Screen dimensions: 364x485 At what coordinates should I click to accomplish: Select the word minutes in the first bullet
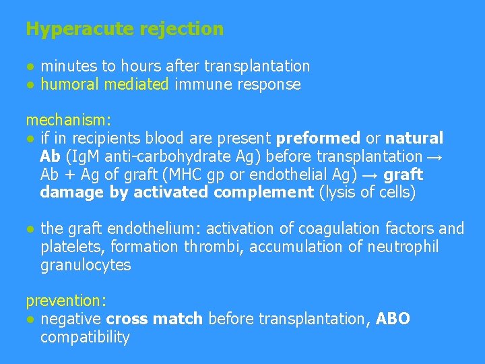pyautogui.click(x=69, y=66)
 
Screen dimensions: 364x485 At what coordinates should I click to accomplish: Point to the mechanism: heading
pyautogui.click(x=68, y=120)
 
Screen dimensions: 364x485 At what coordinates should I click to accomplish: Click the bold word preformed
pyautogui.click(x=318, y=138)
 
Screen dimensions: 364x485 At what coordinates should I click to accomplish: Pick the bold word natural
pyautogui.click(x=414, y=138)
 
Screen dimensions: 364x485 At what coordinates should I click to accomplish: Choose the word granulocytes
pyautogui.click(x=86, y=265)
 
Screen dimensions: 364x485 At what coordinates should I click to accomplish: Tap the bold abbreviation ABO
pyautogui.click(x=393, y=319)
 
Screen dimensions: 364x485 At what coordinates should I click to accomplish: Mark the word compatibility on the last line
pyautogui.click(x=85, y=337)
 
